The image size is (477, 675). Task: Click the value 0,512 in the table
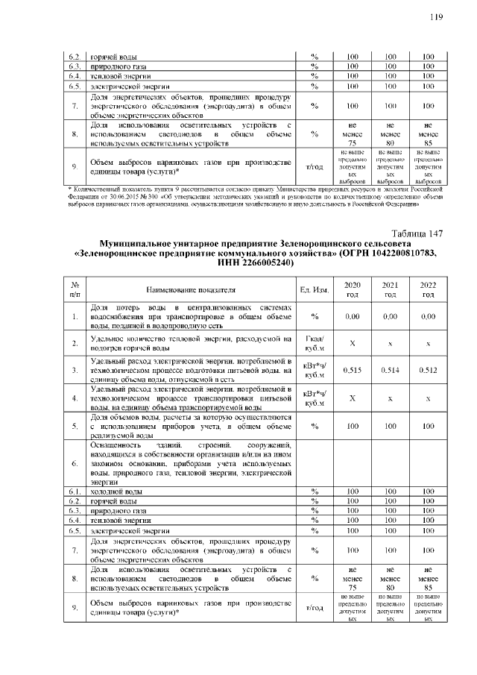point(427,370)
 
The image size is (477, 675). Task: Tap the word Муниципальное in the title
point(145,244)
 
